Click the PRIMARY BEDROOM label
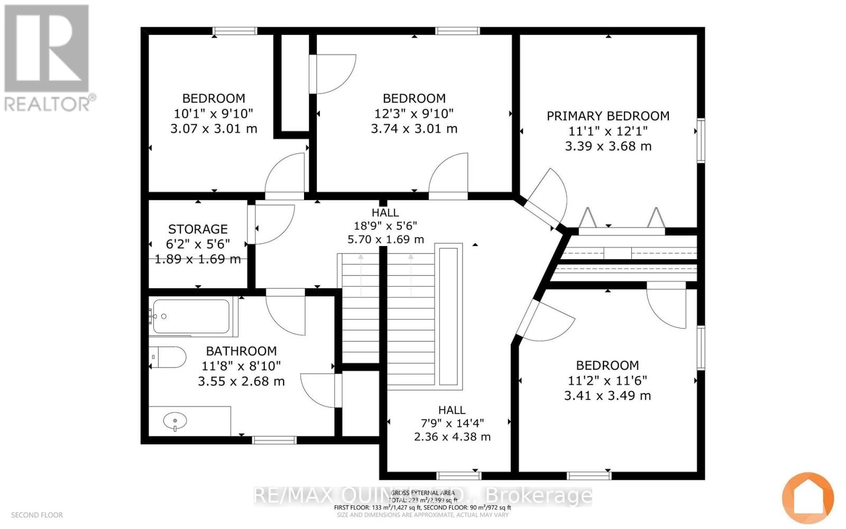pos(608,116)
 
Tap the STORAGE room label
pos(198,229)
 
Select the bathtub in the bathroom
pos(191,316)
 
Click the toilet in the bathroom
pos(168,358)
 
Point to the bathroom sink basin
pos(175,422)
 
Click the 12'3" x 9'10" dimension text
pos(413,113)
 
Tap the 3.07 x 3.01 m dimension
pos(214,129)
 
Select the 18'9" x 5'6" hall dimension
pos(385,224)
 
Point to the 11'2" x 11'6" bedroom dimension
pos(607,380)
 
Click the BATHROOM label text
pos(241,351)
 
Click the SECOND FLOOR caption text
pos(36,515)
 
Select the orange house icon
pos(807,498)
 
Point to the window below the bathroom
pos(274,440)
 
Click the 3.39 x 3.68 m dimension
pos(608,147)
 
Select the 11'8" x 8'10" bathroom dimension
pos(241,366)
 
